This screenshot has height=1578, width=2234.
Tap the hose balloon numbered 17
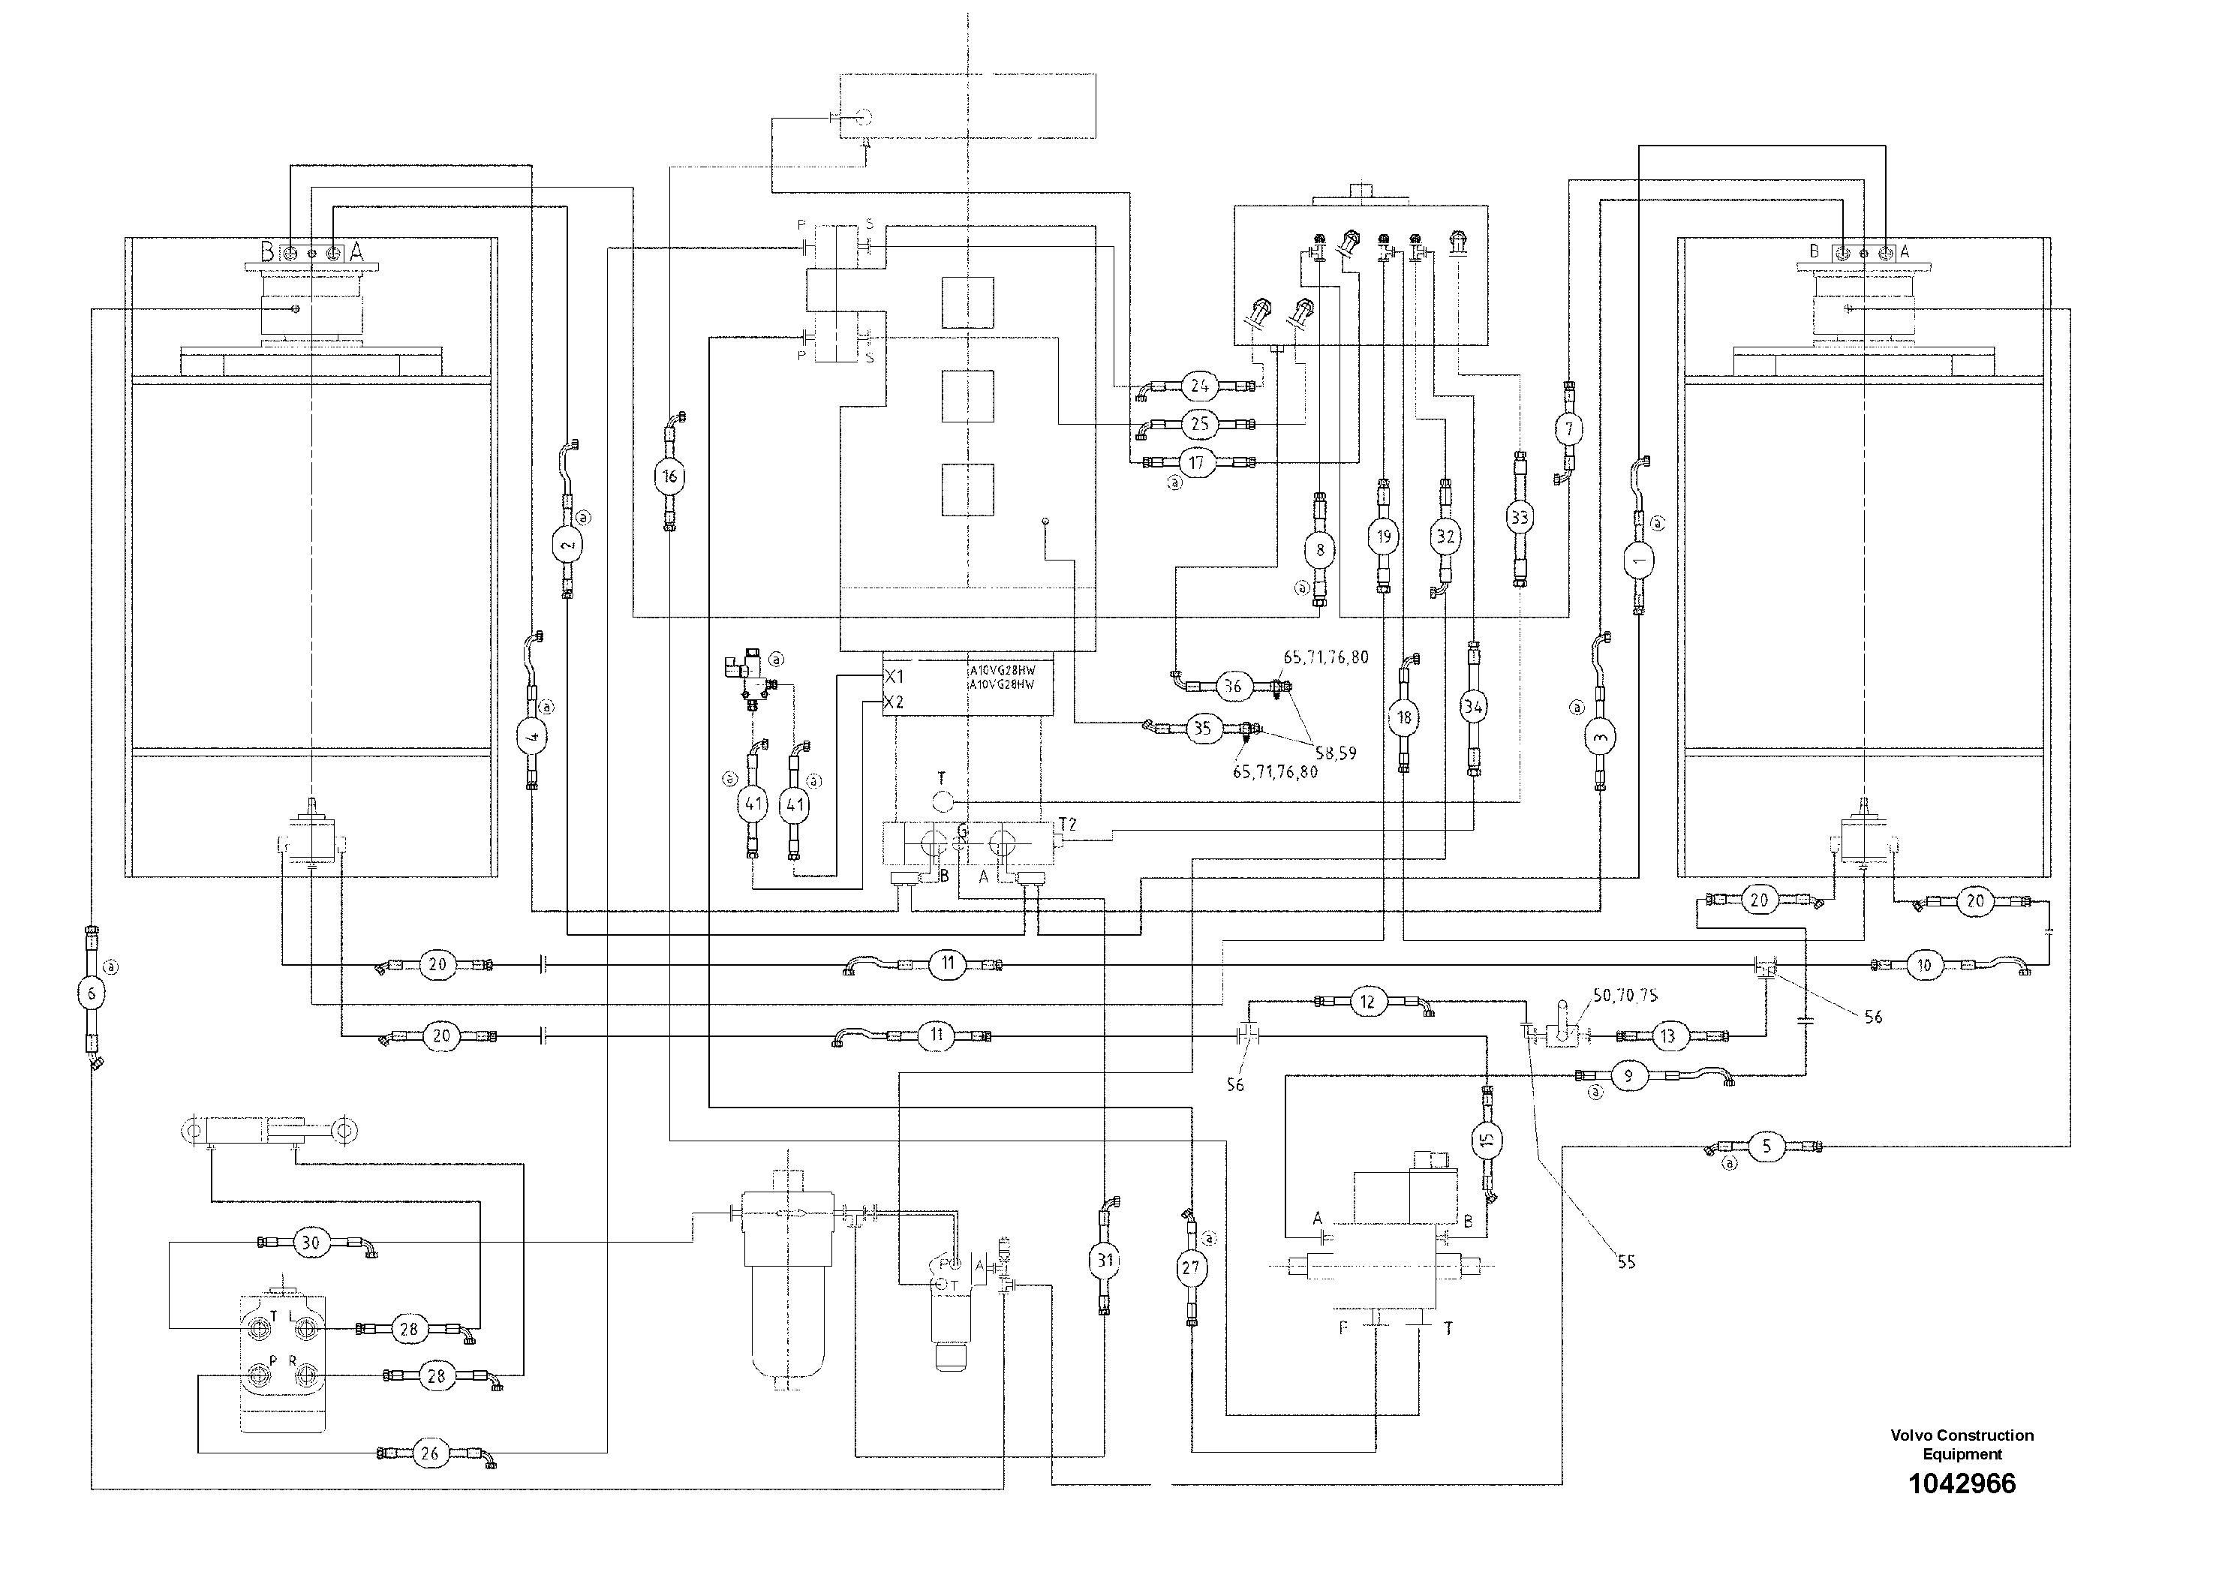click(1197, 462)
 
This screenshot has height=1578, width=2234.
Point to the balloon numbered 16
click(669, 476)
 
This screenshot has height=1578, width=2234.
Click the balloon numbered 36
click(1233, 686)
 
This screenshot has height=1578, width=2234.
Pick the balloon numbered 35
click(1203, 728)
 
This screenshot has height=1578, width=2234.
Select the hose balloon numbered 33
click(1519, 518)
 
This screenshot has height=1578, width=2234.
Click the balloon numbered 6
click(92, 992)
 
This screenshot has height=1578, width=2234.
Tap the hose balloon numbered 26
click(429, 1453)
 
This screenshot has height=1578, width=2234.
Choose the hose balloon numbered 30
click(309, 1243)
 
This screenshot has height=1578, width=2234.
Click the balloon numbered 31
click(1105, 1260)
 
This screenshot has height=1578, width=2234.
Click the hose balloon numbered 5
click(1767, 1147)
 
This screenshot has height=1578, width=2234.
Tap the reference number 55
click(1626, 1262)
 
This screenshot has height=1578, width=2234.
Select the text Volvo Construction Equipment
click(1962, 1444)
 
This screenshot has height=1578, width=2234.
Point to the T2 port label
click(1067, 824)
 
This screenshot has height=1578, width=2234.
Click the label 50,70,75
click(1625, 995)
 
